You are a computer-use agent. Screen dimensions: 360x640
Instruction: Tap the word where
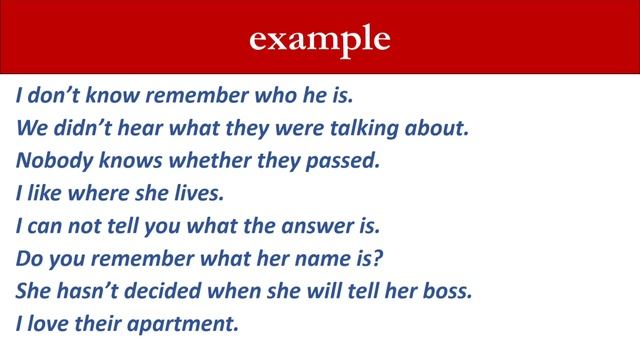[96, 194]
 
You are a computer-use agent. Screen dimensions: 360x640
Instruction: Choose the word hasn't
[86, 291]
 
